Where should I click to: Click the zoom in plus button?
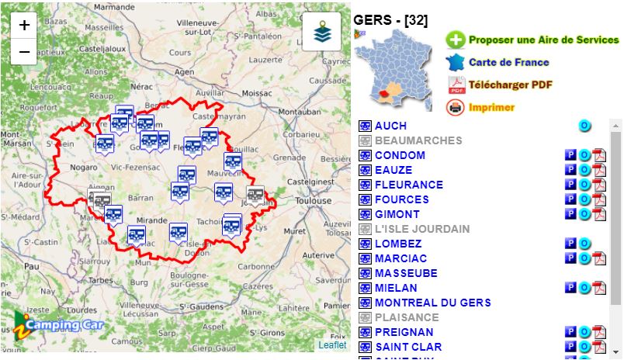click(24, 25)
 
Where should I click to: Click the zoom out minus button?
click(24, 51)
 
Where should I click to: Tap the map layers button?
click(321, 32)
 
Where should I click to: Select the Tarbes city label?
click(100, 280)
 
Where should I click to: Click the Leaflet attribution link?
click(332, 344)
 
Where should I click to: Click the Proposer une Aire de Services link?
click(543, 40)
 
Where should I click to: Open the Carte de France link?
click(508, 62)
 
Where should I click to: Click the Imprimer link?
click(491, 107)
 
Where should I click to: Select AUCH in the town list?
click(390, 126)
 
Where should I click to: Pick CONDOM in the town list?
click(400, 155)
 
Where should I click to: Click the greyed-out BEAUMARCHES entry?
click(418, 140)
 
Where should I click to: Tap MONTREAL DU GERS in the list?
click(432, 303)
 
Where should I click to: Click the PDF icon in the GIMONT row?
click(599, 214)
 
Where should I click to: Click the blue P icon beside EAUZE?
click(570, 170)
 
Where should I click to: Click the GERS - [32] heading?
click(390, 20)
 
